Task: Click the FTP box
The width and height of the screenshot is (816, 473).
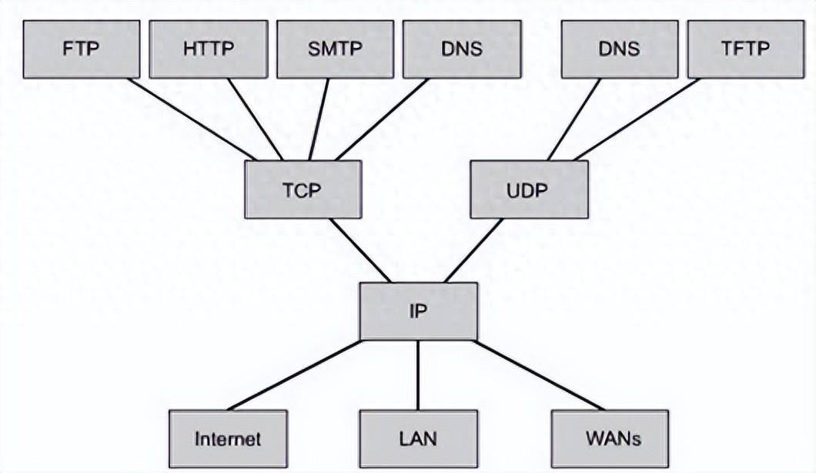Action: pyautogui.click(x=81, y=49)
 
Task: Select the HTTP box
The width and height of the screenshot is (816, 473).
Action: pyautogui.click(x=208, y=49)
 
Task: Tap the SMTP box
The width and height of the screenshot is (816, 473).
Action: pyautogui.click(x=335, y=49)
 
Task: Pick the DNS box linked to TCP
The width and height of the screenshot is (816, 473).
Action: pyautogui.click(x=461, y=49)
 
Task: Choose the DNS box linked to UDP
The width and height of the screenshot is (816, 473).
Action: pyautogui.click(x=619, y=49)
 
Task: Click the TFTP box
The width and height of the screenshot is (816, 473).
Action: pyautogui.click(x=745, y=49)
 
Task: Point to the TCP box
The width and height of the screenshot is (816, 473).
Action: pyautogui.click(x=303, y=190)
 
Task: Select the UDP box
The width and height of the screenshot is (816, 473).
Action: pyautogui.click(x=529, y=190)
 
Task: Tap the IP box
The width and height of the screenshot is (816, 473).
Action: pyautogui.click(x=418, y=310)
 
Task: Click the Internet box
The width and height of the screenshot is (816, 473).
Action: pyautogui.click(x=228, y=439)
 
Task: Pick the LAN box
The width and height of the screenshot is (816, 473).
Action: pyautogui.click(x=418, y=439)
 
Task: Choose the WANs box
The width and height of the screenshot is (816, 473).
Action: pyautogui.click(x=610, y=439)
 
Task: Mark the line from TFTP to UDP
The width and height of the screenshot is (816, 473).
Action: pyautogui.click(x=637, y=119)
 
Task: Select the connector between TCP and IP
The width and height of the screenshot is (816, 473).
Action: pyautogui.click(x=360, y=250)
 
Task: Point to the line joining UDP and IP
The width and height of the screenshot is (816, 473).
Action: pyautogui.click(x=473, y=250)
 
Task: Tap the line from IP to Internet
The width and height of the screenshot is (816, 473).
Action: pyautogui.click(x=294, y=375)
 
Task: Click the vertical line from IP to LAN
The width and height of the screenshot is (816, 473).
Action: pyautogui.click(x=418, y=375)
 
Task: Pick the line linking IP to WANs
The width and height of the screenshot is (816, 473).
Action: pyautogui.click(x=539, y=375)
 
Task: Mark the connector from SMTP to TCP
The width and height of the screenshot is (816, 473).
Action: pyautogui.click(x=319, y=119)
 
